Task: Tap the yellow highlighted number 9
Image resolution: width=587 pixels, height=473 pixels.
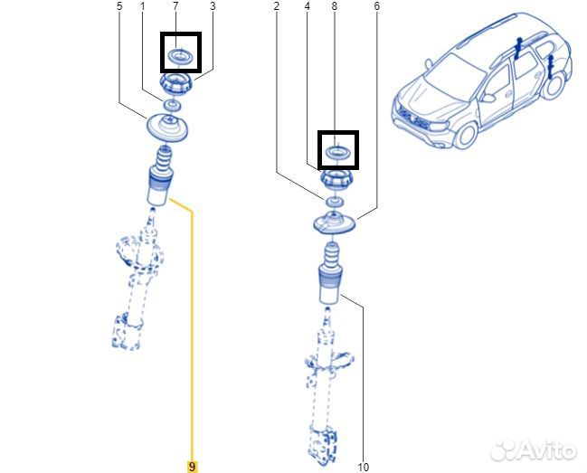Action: tap(191, 467)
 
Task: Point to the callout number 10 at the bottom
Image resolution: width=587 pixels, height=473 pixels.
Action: tap(363, 467)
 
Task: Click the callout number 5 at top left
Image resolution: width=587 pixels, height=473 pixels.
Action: tap(118, 7)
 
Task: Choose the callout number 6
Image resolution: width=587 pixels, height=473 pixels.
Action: tap(376, 7)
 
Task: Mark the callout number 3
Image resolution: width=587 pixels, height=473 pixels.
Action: tap(213, 7)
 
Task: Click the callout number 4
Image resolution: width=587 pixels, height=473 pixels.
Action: tap(308, 7)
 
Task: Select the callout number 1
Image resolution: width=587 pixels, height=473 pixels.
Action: tap(142, 7)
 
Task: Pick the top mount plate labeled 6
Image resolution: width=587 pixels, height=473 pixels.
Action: tap(333, 226)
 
